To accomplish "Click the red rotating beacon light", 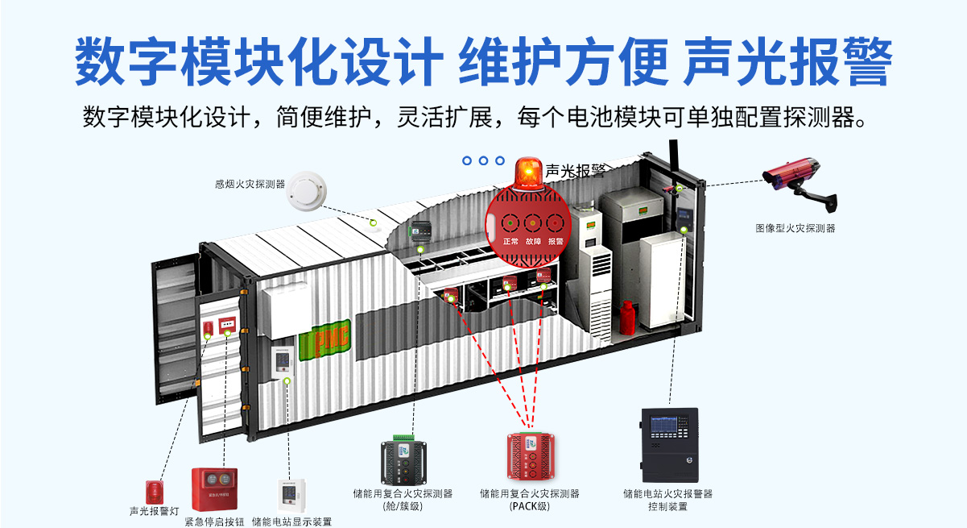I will coord(528,173).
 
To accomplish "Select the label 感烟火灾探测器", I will coord(250,184).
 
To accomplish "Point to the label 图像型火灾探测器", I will coord(795,228).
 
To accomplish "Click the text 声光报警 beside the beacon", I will coord(576,171).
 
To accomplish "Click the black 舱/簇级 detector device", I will coord(412,462).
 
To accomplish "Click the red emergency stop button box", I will coord(214,488).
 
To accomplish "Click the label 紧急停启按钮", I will coord(214,521).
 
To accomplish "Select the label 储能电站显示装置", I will coord(291,521).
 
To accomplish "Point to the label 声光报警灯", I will coord(154,511).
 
